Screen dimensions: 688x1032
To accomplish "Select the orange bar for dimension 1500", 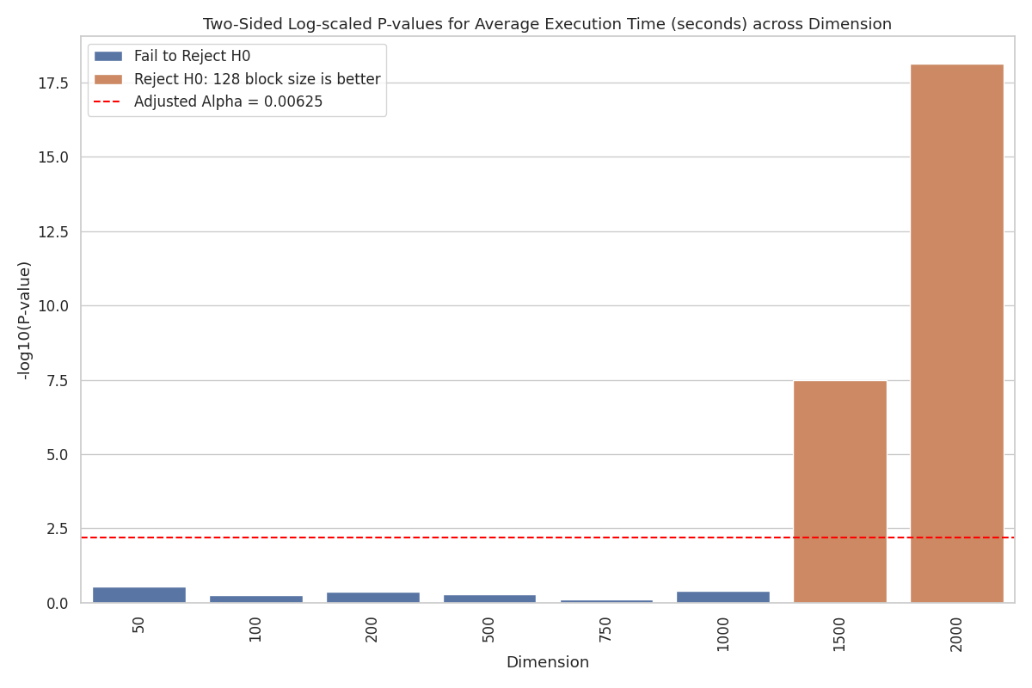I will tap(839, 491).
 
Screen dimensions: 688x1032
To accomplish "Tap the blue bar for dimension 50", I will tap(139, 594).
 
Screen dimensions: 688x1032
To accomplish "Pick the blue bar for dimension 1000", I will tap(722, 597).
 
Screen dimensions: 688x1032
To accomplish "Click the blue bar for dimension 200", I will tap(372, 597).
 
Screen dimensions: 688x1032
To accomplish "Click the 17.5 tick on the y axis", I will tap(54, 83).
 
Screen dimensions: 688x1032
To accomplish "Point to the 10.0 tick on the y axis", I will tap(54, 306).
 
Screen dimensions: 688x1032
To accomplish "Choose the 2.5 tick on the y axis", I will tap(60, 529).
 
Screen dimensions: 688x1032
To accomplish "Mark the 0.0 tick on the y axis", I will tap(60, 603).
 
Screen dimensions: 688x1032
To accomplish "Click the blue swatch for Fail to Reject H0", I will tap(107, 56).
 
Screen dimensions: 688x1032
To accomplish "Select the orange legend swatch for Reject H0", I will tap(107, 79).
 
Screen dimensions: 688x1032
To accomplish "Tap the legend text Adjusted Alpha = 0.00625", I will tap(228, 101).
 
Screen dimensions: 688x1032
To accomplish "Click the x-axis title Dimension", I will tap(548, 663).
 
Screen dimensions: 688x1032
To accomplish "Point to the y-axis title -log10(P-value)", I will tap(25, 320).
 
